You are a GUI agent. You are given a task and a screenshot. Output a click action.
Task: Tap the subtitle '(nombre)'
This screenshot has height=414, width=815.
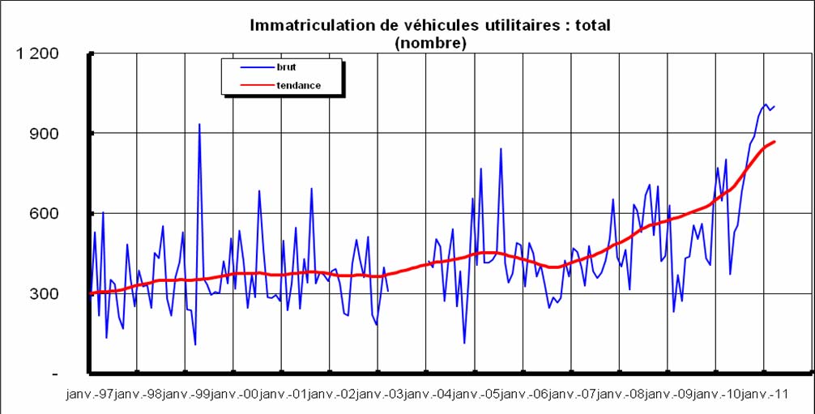pyautogui.click(x=430, y=43)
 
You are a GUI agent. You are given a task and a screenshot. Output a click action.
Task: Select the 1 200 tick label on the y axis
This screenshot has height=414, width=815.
pyautogui.click(x=37, y=53)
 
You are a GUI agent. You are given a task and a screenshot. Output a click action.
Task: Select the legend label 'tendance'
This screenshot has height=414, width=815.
pyautogui.click(x=299, y=85)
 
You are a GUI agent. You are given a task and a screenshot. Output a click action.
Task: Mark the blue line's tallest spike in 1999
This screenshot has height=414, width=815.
pyautogui.click(x=199, y=125)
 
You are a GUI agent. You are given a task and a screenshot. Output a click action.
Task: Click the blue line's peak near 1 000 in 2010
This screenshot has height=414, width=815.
pyautogui.click(x=765, y=105)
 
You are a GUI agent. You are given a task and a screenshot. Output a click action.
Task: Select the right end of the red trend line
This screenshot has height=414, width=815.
pyautogui.click(x=774, y=142)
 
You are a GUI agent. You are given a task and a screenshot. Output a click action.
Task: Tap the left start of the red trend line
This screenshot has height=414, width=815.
pyautogui.click(x=90, y=293)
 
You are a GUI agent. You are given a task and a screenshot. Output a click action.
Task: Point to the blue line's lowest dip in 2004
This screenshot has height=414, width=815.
pyautogui.click(x=464, y=343)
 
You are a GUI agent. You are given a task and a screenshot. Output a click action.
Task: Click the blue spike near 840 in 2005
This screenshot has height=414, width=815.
pyautogui.click(x=501, y=149)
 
